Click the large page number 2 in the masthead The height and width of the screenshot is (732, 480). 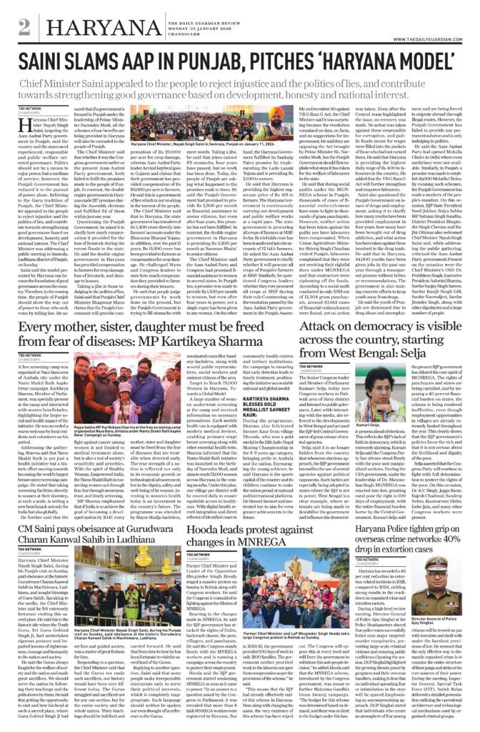[x=25, y=27]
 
